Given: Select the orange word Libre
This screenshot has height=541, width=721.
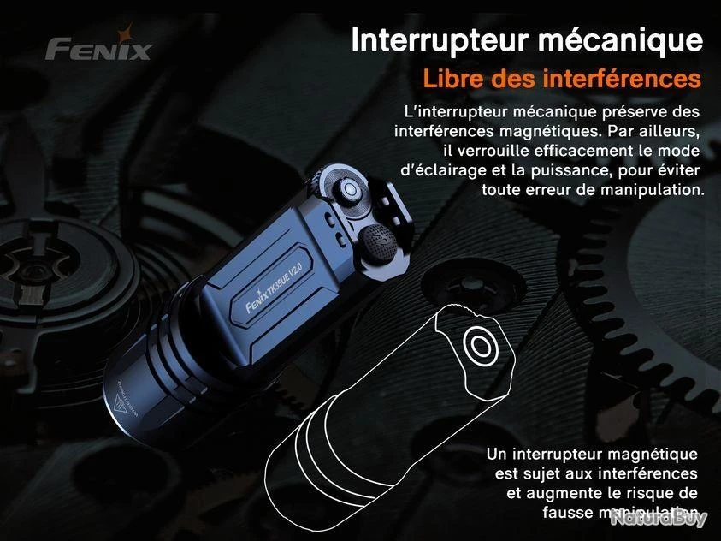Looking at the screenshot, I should point(453,80).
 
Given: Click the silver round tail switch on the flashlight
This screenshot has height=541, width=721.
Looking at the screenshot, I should point(350,190).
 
